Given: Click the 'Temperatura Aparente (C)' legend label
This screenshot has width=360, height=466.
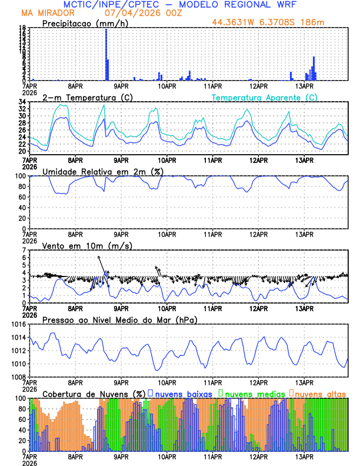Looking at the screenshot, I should [265, 97].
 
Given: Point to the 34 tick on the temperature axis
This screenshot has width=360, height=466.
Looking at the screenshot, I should [21, 102].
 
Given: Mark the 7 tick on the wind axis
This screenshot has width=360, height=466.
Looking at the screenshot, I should [24, 250].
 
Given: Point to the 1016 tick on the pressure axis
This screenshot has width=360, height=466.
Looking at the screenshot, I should [16, 324].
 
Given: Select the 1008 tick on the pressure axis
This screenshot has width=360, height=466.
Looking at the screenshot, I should [16, 377].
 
